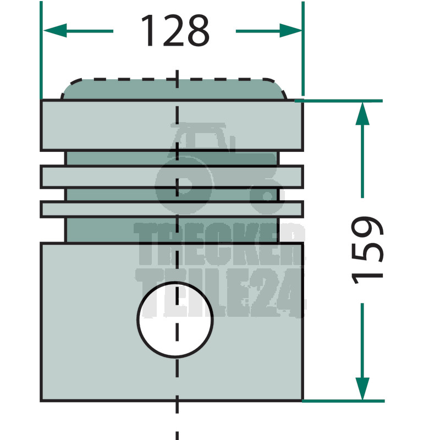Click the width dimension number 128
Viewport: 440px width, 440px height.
pyautogui.click(x=175, y=30)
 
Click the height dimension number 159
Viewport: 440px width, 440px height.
pyautogui.click(x=367, y=250)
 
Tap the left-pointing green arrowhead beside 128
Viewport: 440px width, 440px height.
pyautogui.click(x=55, y=31)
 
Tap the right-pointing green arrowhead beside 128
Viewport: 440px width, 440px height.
pyautogui.click(x=291, y=31)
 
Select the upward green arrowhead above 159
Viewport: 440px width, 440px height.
pyautogui.click(x=362, y=114)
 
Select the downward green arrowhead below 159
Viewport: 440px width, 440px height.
pyautogui.click(x=362, y=388)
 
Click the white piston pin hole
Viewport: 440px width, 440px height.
pyautogui.click(x=175, y=320)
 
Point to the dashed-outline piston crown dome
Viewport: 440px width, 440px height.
pyautogui.click(x=174, y=89)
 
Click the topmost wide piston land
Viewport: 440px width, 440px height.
pyautogui.click(x=172, y=125)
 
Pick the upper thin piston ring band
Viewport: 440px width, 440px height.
pyautogui.click(x=172, y=177)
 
